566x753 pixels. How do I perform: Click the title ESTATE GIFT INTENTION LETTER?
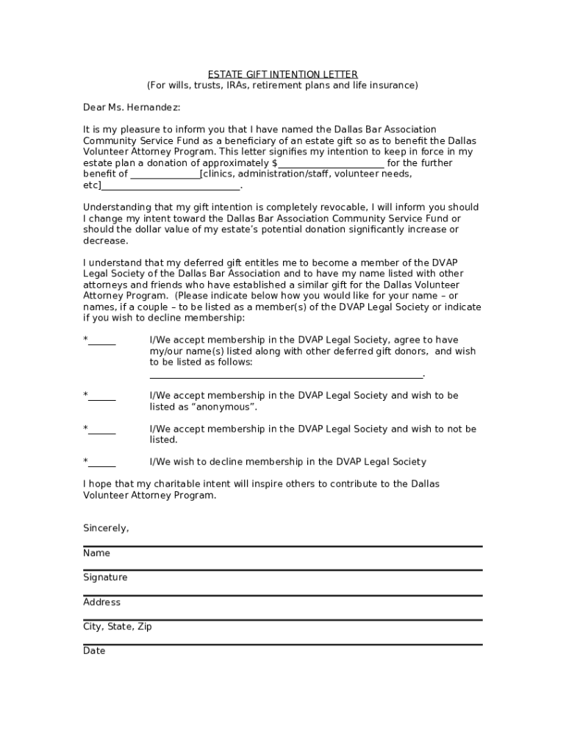click(282, 74)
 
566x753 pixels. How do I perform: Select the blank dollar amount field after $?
click(331, 163)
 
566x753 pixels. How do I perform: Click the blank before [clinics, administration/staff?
click(165, 174)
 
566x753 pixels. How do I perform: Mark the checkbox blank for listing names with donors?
click(102, 340)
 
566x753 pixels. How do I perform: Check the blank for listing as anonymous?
click(102, 396)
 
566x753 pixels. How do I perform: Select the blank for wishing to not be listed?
click(102, 429)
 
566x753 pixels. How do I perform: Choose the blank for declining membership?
click(102, 462)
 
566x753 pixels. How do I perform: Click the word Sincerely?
click(106, 528)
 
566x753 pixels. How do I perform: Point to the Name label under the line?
click(96, 553)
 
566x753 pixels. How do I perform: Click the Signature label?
click(105, 577)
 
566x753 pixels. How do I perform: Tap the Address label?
click(101, 602)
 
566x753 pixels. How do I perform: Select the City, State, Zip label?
click(118, 627)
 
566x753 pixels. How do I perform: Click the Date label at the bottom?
click(94, 651)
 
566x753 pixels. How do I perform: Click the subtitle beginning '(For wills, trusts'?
click(282, 85)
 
